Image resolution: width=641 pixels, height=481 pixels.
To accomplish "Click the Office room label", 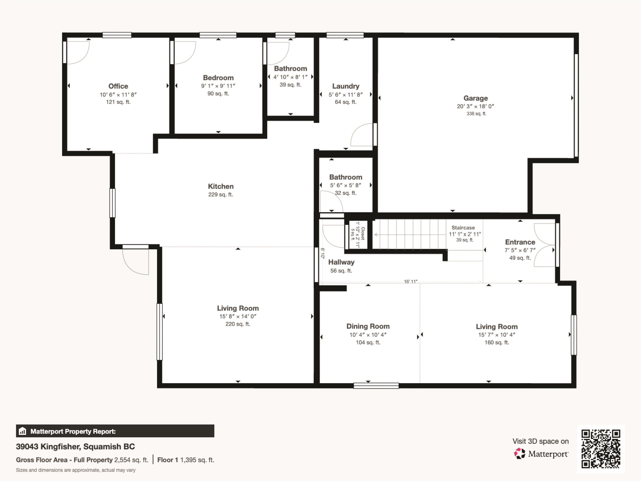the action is [118, 86].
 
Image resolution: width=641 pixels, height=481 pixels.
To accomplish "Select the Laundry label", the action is [346, 86].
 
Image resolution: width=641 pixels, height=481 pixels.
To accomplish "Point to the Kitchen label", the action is [221, 186].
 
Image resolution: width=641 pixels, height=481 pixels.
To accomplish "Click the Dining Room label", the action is [368, 326].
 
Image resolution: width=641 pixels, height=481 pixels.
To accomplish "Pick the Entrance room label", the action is [520, 242].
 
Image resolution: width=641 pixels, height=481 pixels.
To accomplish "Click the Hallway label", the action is [341, 262].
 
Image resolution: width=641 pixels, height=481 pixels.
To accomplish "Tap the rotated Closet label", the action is [363, 234].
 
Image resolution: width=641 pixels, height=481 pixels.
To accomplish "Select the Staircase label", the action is [463, 228].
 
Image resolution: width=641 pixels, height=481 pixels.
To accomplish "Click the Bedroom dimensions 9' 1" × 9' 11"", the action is [218, 86].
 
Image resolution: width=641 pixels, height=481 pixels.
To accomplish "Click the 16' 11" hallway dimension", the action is [411, 282].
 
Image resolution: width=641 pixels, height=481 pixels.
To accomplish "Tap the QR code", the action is [601, 449].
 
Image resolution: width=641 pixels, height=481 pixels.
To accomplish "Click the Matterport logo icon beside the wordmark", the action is [519, 453].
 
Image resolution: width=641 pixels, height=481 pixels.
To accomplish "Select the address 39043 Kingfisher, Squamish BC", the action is [75, 447].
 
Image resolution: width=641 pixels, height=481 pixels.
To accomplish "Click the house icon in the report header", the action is [22, 431].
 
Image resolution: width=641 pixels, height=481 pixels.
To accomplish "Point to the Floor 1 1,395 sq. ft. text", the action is [186, 460].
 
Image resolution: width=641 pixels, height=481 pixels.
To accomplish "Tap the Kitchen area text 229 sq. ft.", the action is [221, 195].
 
